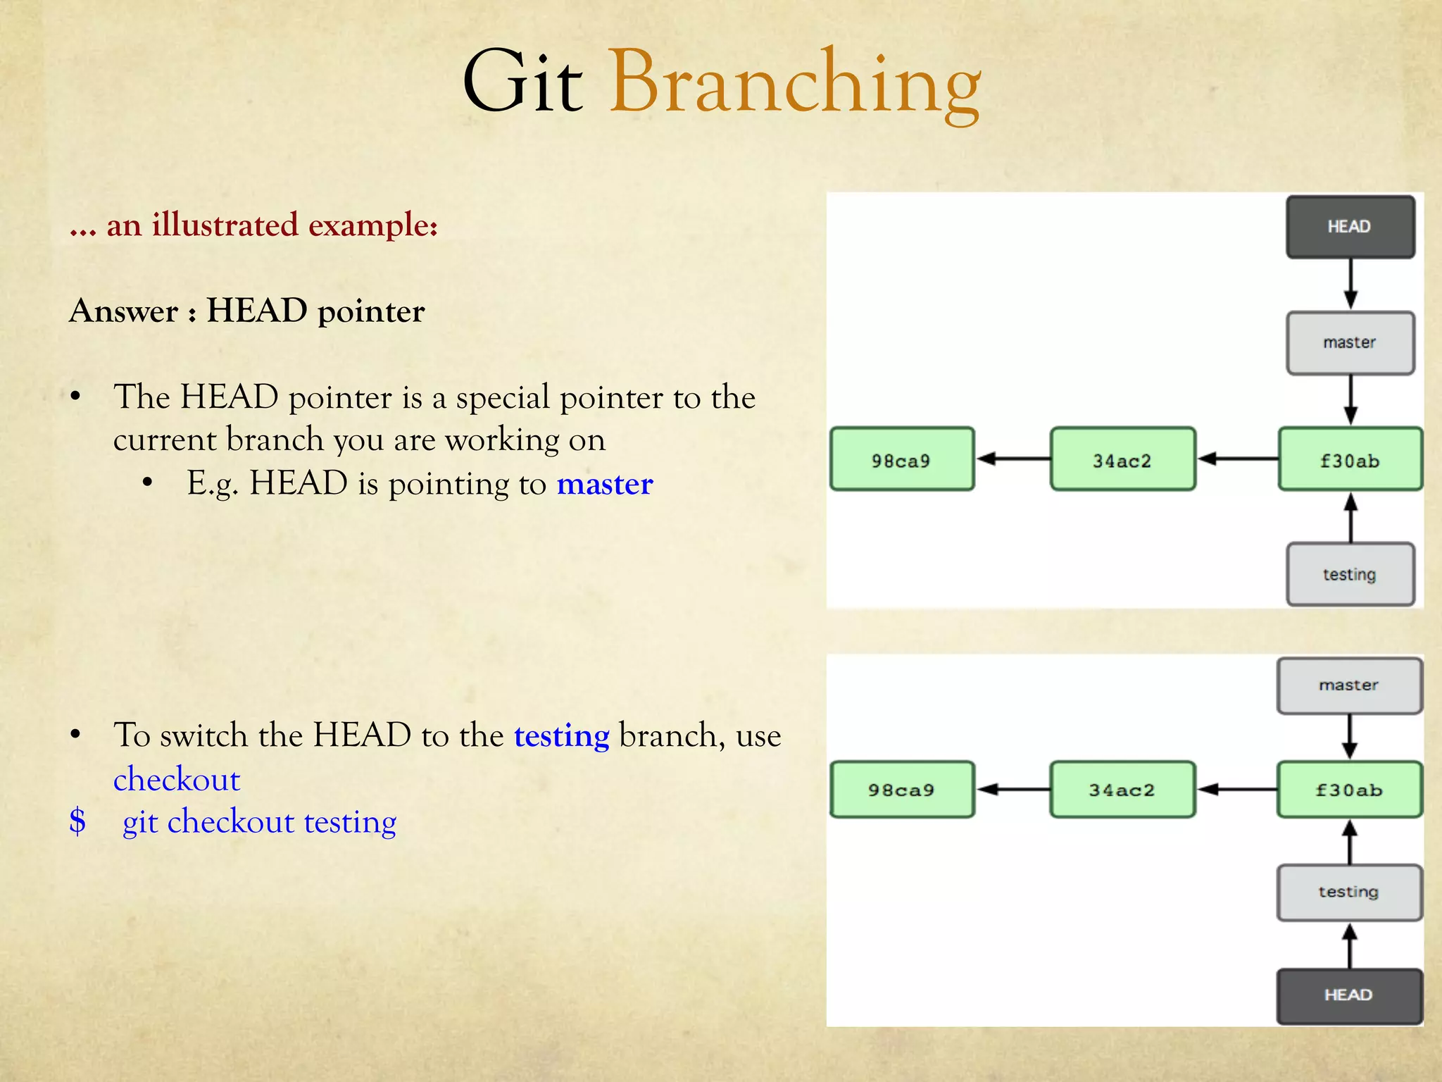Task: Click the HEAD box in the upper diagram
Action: click(x=1350, y=227)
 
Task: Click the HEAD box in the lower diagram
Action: click(x=1349, y=995)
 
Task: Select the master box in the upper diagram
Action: click(x=1350, y=343)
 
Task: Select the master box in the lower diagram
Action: click(x=1349, y=685)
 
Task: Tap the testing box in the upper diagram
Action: click(x=1350, y=574)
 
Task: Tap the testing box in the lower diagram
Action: click(x=1349, y=892)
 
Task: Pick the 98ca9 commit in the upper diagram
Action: click(x=902, y=459)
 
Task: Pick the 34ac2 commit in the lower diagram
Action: click(x=1122, y=790)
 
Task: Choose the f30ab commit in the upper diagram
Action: click(x=1350, y=459)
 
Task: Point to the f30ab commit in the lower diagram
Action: click(x=1349, y=790)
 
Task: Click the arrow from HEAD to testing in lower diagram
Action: click(x=1349, y=945)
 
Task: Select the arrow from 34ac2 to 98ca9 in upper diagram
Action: click(x=1012, y=459)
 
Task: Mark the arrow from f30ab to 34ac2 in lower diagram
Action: click(x=1236, y=789)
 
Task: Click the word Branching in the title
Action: click(x=795, y=83)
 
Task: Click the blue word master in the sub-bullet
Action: click(x=605, y=484)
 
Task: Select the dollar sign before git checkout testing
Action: click(x=77, y=821)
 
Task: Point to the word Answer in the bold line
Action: click(x=124, y=311)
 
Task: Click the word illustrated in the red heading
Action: click(x=225, y=225)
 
